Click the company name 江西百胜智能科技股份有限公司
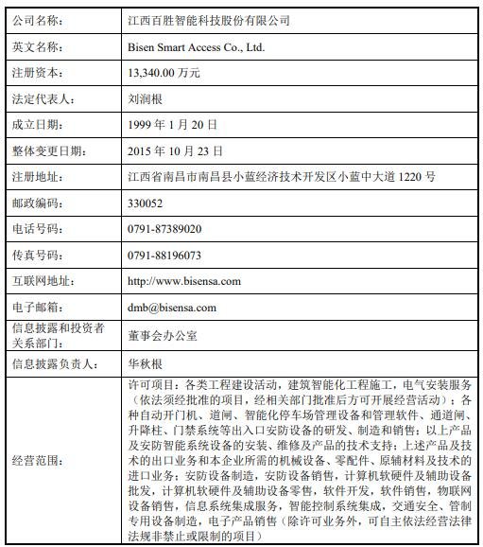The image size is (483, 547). point(208,19)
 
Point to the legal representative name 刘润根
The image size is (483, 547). point(145,98)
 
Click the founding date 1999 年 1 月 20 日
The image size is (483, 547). point(172,124)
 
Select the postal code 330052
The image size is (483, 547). point(145,203)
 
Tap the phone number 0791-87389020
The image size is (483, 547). point(163,229)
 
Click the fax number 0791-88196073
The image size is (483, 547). point(163,256)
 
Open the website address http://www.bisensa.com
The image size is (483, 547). point(183,281)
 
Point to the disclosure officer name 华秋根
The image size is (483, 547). point(145,362)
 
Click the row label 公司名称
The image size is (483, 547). point(40,19)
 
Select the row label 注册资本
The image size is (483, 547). point(40,72)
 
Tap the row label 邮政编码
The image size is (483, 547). point(40,203)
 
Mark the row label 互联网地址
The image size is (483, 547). point(43,281)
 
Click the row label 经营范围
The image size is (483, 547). point(40,459)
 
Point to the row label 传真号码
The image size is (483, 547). point(40,256)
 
